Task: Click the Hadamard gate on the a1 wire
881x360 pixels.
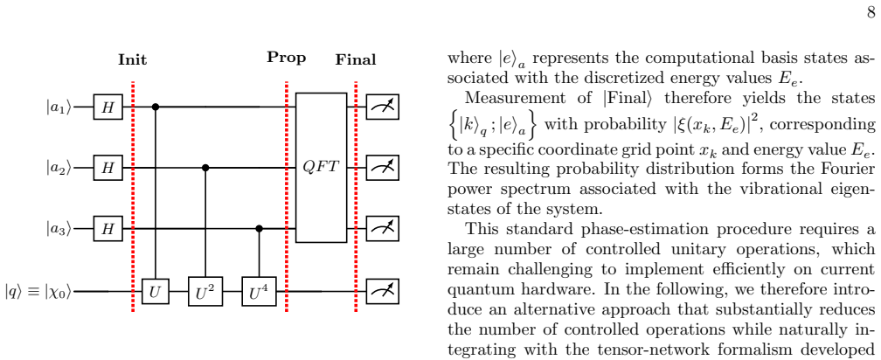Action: pos(108,106)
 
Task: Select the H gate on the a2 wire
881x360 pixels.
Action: pos(108,168)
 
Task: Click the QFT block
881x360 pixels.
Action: pos(322,168)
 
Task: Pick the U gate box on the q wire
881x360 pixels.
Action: pos(155,292)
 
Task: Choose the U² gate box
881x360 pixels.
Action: pos(205,292)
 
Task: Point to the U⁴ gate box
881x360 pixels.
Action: pos(259,292)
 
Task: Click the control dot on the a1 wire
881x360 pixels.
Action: pos(156,106)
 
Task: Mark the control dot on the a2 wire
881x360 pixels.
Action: pos(205,168)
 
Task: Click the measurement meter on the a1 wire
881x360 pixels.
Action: pos(383,106)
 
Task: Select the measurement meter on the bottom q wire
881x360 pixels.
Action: pos(383,292)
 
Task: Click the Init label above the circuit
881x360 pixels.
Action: pos(133,59)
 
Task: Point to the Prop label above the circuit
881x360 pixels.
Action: pos(287,58)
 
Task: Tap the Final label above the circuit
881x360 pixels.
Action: pos(356,59)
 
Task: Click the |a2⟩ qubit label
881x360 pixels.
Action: pos(59,168)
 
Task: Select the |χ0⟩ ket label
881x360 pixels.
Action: pos(55,292)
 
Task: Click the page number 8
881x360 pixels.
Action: pos(871,12)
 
